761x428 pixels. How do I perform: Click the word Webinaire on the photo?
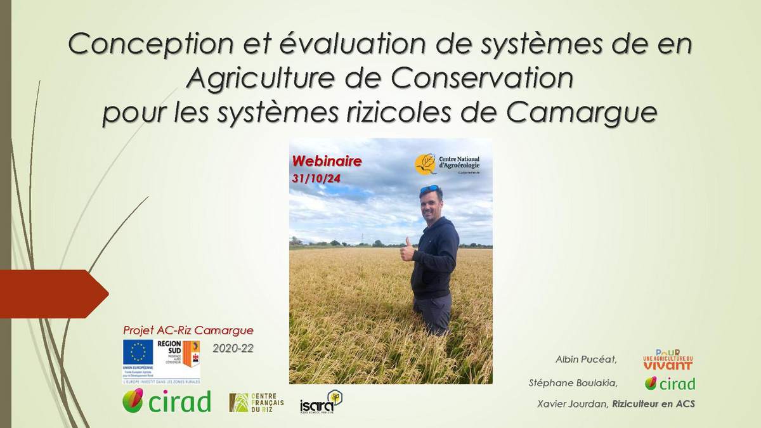pyautogui.click(x=327, y=161)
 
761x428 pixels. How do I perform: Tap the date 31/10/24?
pyautogui.click(x=316, y=179)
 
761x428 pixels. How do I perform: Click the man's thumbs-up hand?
pyautogui.click(x=407, y=251)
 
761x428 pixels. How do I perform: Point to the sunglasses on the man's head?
pyautogui.click(x=429, y=189)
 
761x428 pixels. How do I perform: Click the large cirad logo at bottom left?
pyautogui.click(x=167, y=401)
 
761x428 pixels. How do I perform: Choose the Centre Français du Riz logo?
pyautogui.click(x=256, y=402)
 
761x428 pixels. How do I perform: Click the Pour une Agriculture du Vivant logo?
pyautogui.click(x=667, y=360)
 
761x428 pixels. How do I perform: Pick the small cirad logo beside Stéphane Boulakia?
pyautogui.click(x=670, y=383)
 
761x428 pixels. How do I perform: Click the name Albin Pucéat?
pyautogui.click(x=587, y=360)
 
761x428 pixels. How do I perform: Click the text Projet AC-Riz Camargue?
pyautogui.click(x=188, y=330)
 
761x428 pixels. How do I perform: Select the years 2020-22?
pyautogui.click(x=233, y=348)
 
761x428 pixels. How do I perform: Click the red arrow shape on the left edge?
pyautogui.click(x=51, y=294)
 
